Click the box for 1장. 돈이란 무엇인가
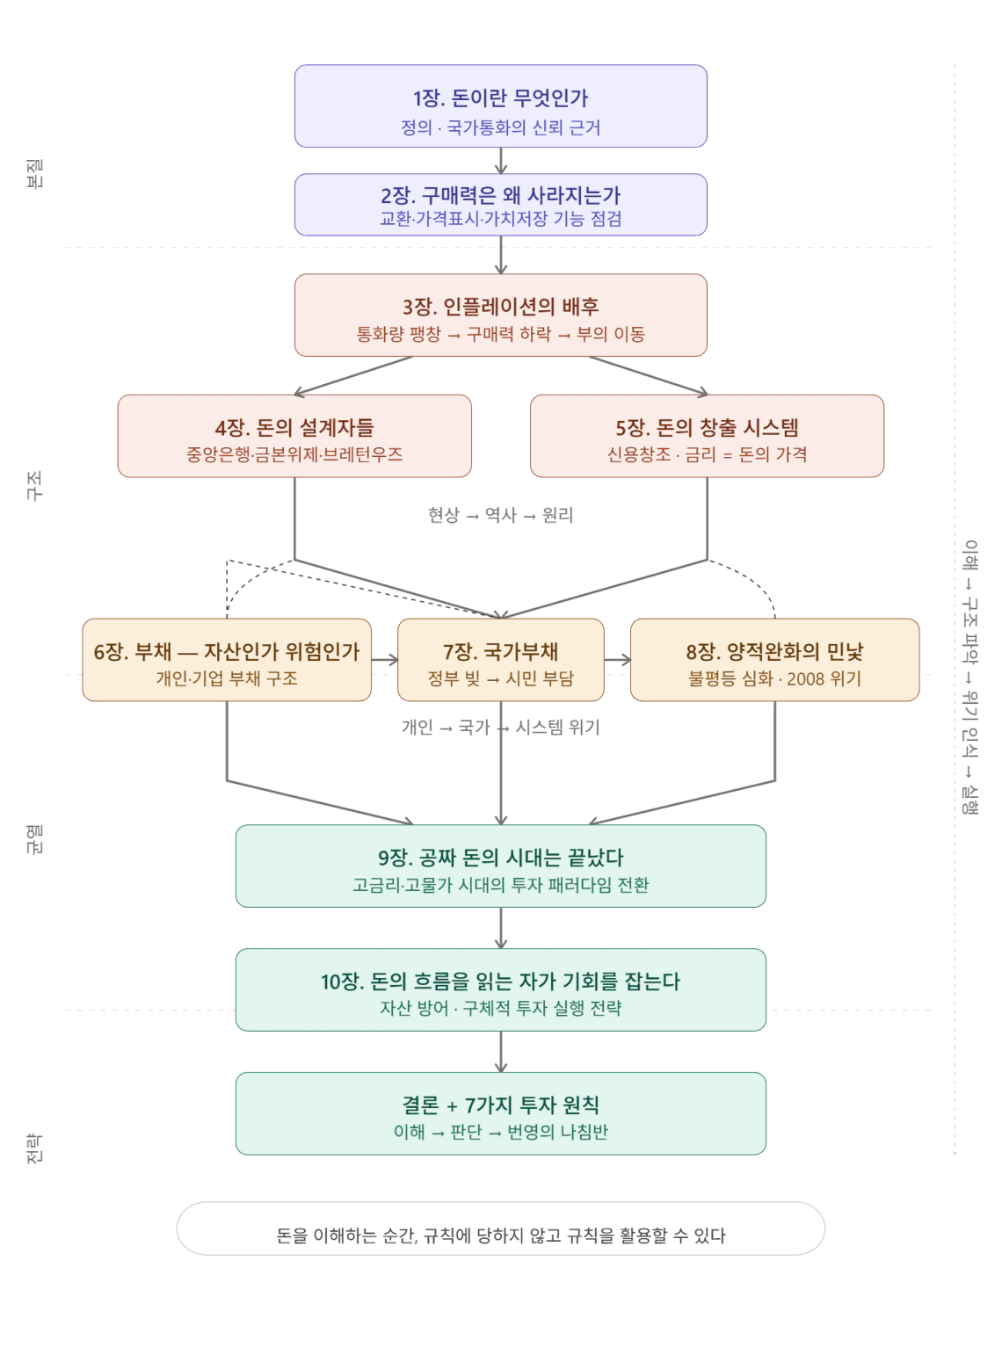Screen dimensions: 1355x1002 pos(500,105)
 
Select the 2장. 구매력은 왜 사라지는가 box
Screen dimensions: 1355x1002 pos(500,205)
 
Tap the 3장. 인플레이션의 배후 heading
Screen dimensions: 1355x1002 pos(500,307)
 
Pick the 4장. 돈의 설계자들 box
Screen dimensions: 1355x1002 pos(294,436)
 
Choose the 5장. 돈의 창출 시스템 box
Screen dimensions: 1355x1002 pos(707,436)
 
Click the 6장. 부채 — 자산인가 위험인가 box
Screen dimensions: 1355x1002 pos(227,660)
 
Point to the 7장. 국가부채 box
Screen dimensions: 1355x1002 pos(500,660)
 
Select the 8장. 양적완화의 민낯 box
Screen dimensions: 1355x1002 pos(774,660)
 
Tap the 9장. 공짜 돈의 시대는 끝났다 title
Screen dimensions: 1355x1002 pos(500,858)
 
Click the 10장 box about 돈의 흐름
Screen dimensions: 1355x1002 pos(500,989)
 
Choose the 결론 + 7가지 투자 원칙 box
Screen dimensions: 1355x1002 pos(500,1113)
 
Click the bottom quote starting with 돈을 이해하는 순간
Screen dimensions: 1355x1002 pos(500,1236)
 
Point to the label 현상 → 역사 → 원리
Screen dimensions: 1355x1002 pos(500,516)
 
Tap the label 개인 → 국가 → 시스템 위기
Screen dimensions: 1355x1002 pos(500,728)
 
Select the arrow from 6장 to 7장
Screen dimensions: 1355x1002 pos(385,660)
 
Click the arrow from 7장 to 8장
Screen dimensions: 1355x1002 pos(617,660)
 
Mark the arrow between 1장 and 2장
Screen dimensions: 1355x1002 pos(500,161)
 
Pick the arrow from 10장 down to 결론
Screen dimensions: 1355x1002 pos(500,1051)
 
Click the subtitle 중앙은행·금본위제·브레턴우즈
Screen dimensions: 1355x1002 pos(294,455)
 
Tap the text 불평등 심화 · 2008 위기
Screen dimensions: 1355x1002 pos(774,679)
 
